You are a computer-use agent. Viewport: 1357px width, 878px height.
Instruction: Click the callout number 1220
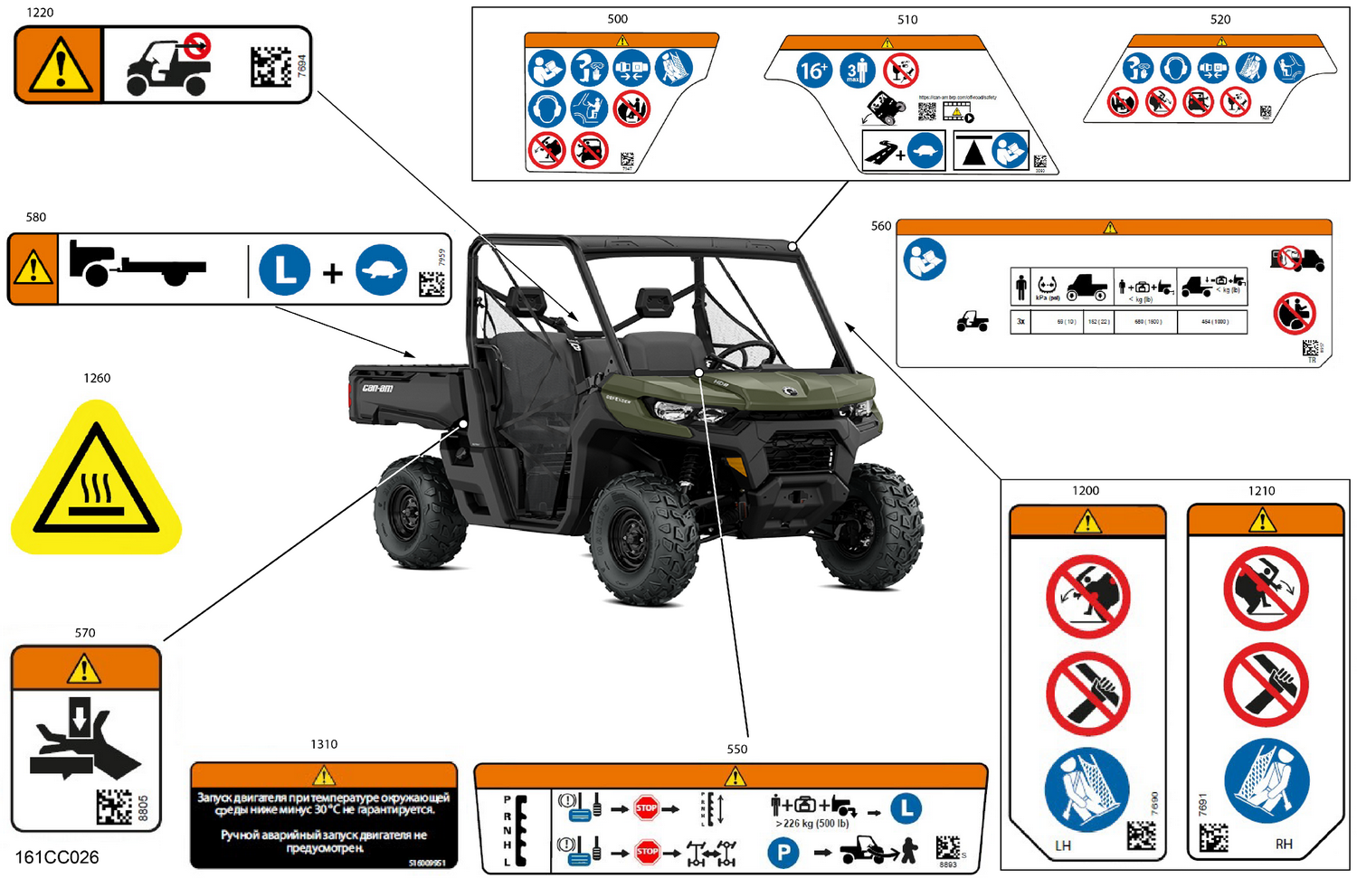(40, 13)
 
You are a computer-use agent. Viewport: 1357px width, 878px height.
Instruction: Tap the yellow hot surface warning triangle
(96, 479)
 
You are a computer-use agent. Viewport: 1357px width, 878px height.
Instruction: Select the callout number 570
(85, 633)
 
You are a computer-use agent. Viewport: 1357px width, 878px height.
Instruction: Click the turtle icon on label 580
(381, 270)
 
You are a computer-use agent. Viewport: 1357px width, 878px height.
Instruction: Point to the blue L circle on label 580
(285, 270)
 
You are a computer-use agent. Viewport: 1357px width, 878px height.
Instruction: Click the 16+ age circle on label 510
(813, 70)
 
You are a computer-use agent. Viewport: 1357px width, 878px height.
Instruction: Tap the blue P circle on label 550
(783, 852)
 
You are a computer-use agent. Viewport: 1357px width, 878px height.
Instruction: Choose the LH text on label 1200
(1063, 845)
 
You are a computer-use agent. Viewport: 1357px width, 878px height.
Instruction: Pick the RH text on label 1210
(1284, 844)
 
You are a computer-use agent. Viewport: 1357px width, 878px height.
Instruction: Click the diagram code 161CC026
(57, 857)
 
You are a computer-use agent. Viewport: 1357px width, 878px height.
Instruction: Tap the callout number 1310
(324, 744)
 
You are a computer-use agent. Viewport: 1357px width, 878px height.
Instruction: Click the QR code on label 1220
(270, 67)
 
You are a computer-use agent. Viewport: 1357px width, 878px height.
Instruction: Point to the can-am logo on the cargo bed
(378, 388)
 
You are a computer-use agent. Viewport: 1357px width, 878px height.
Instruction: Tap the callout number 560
(881, 226)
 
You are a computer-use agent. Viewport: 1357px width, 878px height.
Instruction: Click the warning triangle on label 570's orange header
(84, 670)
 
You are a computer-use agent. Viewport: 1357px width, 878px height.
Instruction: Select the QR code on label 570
(114, 807)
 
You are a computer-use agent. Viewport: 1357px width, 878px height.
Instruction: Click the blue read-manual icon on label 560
(925, 260)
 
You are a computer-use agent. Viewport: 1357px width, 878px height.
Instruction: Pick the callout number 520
(1220, 19)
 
